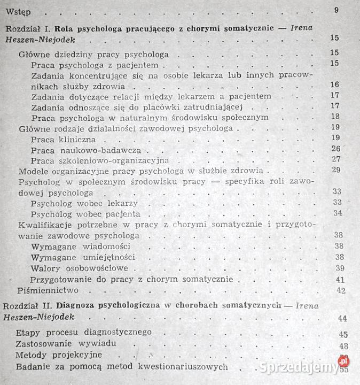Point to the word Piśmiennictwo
[x=48, y=290]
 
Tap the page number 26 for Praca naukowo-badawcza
[x=335, y=148]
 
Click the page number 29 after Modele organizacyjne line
[x=335, y=170]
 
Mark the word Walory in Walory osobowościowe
[x=45, y=268]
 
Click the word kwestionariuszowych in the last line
[x=184, y=366]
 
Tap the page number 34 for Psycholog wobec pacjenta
[x=336, y=213]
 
